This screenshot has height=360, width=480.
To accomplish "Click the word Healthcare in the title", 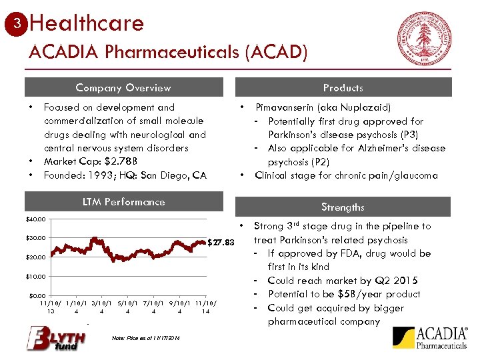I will pos(87,24).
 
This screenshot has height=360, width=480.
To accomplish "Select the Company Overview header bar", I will pos(123,87).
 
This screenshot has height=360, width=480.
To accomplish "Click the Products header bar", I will pos(343,87).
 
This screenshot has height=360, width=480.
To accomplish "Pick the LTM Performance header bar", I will pos(123,202).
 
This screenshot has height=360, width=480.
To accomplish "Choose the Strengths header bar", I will pos(343,207).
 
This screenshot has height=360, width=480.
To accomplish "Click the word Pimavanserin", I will pos(288,107).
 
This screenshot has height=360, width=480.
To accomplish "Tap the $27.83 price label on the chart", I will pos(221,242).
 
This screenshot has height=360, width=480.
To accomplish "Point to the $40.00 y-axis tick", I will pos(37,219).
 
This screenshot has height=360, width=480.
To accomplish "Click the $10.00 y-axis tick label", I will pos(37,276).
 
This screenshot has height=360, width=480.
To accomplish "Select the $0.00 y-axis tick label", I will pos(38,295).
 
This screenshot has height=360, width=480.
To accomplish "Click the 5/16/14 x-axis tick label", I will pos(127,307).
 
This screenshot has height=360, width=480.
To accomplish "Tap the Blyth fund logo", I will pos(56,338).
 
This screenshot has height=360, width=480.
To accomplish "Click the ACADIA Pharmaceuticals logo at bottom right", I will pos(430,338).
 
